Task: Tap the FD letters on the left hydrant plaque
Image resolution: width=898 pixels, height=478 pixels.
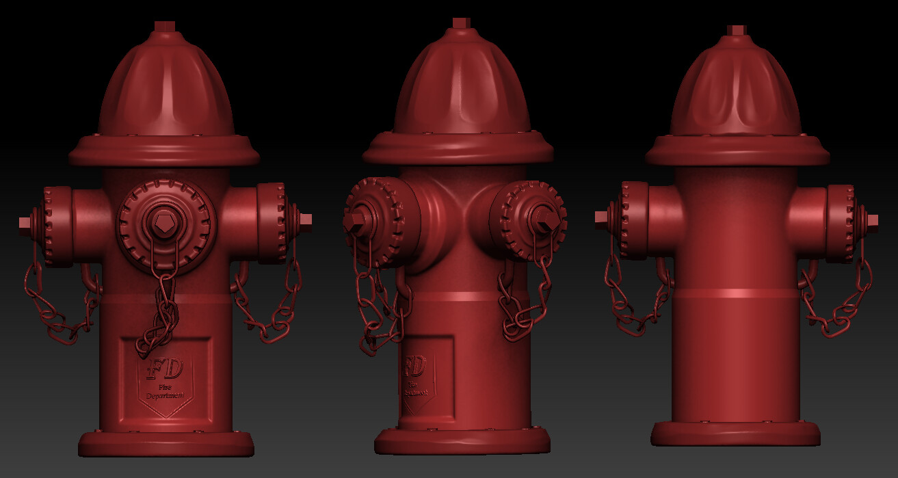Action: click(x=164, y=369)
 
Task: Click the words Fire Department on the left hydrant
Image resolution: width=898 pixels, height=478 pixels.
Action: click(x=165, y=392)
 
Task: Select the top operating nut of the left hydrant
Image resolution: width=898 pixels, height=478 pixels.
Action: click(x=165, y=27)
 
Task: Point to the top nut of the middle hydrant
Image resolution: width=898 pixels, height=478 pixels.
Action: click(x=461, y=23)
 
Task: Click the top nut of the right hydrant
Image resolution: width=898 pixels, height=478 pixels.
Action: click(x=736, y=29)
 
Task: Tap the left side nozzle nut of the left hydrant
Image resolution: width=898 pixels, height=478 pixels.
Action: click(x=25, y=223)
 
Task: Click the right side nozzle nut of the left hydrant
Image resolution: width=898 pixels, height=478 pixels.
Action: click(x=305, y=219)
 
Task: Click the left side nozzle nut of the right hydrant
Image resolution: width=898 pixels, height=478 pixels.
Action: click(x=602, y=217)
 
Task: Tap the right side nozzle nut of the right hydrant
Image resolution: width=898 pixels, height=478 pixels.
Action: click(x=872, y=220)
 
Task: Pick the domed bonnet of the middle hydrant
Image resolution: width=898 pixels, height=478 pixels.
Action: click(x=461, y=85)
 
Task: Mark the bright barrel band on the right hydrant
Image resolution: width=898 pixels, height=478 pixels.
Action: click(x=735, y=294)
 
